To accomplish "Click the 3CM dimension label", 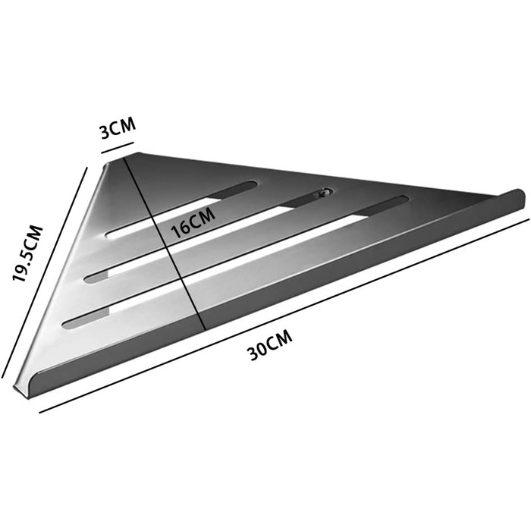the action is click(118, 128).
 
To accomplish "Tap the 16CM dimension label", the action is click(193, 223).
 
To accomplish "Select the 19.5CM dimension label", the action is click(27, 253).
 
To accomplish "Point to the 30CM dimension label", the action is click(270, 344).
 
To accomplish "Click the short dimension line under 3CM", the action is click(117, 148).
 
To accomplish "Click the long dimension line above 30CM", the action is click(284, 316).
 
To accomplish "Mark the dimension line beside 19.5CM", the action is click(44, 272).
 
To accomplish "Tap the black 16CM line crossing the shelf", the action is click(165, 243).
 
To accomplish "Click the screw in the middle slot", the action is click(322, 193).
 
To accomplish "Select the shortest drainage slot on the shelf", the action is click(181, 209).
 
